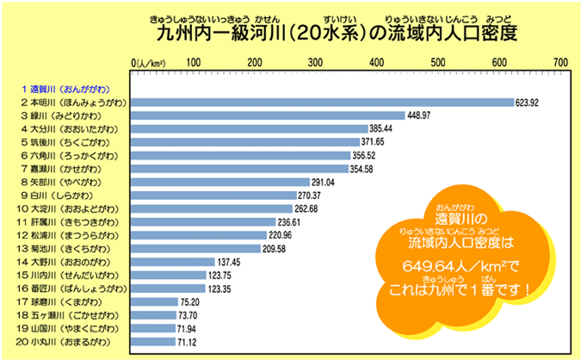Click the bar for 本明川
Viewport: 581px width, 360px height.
[x=323, y=102]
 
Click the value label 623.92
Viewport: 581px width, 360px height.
[x=527, y=102]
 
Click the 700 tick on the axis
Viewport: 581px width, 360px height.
[x=561, y=63]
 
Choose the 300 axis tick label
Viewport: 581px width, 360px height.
[x=315, y=63]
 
